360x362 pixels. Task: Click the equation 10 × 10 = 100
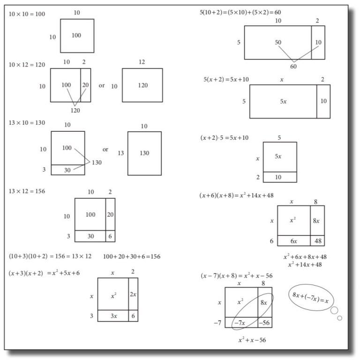click(27, 14)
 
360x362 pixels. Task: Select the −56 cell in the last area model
click(264, 322)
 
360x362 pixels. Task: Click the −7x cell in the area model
click(241, 322)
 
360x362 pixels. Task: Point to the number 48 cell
click(317, 241)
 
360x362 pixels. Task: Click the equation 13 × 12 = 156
click(27, 191)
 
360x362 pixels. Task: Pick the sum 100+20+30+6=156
click(132, 256)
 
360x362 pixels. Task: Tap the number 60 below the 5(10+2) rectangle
click(294, 67)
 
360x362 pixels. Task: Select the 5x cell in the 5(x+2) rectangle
click(283, 101)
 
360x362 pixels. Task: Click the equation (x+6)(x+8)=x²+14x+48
click(236, 195)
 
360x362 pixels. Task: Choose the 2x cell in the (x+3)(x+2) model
click(133, 294)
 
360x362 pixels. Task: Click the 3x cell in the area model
click(113, 316)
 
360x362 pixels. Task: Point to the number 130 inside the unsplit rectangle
click(144, 153)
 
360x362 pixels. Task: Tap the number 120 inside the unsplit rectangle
click(142, 85)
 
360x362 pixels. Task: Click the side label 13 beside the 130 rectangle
click(121, 153)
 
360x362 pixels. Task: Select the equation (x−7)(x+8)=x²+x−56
click(236, 275)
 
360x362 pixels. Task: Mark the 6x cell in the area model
click(293, 241)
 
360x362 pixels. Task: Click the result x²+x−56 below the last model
click(252, 339)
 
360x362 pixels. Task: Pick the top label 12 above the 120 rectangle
click(142, 62)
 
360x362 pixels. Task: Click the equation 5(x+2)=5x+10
click(226, 79)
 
